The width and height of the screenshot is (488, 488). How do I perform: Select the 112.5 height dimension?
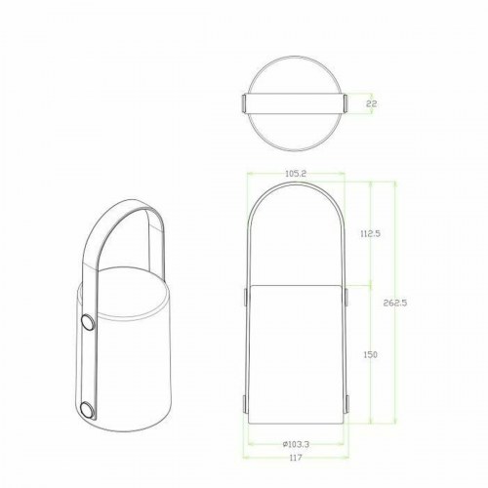[x=371, y=233]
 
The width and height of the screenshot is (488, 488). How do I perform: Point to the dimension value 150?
[x=371, y=354]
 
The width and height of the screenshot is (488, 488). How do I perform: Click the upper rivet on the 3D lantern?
[x=86, y=321]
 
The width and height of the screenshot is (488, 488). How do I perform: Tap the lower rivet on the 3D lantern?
[x=86, y=411]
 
